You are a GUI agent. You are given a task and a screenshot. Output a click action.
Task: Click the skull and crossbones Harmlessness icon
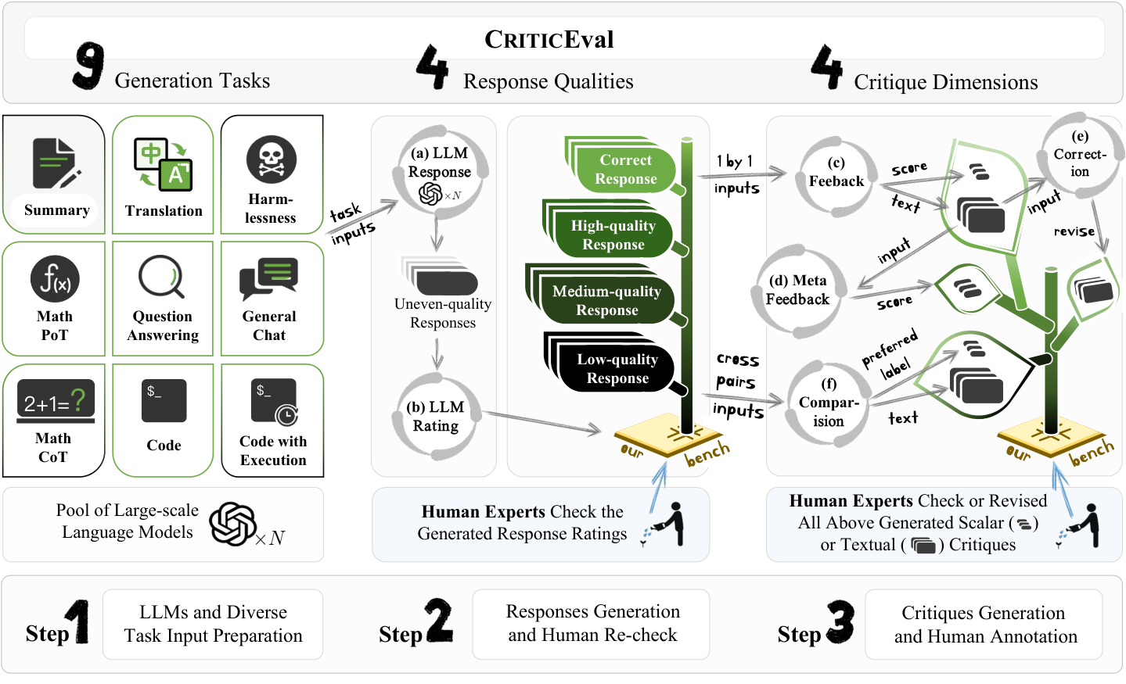(x=272, y=159)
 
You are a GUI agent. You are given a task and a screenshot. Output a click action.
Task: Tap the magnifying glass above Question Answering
(x=161, y=277)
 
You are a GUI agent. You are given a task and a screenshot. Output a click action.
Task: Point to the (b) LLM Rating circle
(x=435, y=416)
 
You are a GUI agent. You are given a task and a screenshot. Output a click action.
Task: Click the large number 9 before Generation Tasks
(x=89, y=65)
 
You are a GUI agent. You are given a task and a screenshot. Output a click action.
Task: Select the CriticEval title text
(x=549, y=39)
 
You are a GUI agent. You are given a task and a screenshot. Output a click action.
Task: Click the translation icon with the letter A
(x=164, y=164)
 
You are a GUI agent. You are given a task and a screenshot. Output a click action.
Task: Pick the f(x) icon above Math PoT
(x=55, y=279)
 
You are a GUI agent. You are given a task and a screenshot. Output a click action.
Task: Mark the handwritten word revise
(x=1074, y=231)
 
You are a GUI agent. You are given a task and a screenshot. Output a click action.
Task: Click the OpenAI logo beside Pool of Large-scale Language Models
(x=232, y=524)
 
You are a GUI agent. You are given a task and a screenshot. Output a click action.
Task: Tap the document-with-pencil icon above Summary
(x=56, y=163)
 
